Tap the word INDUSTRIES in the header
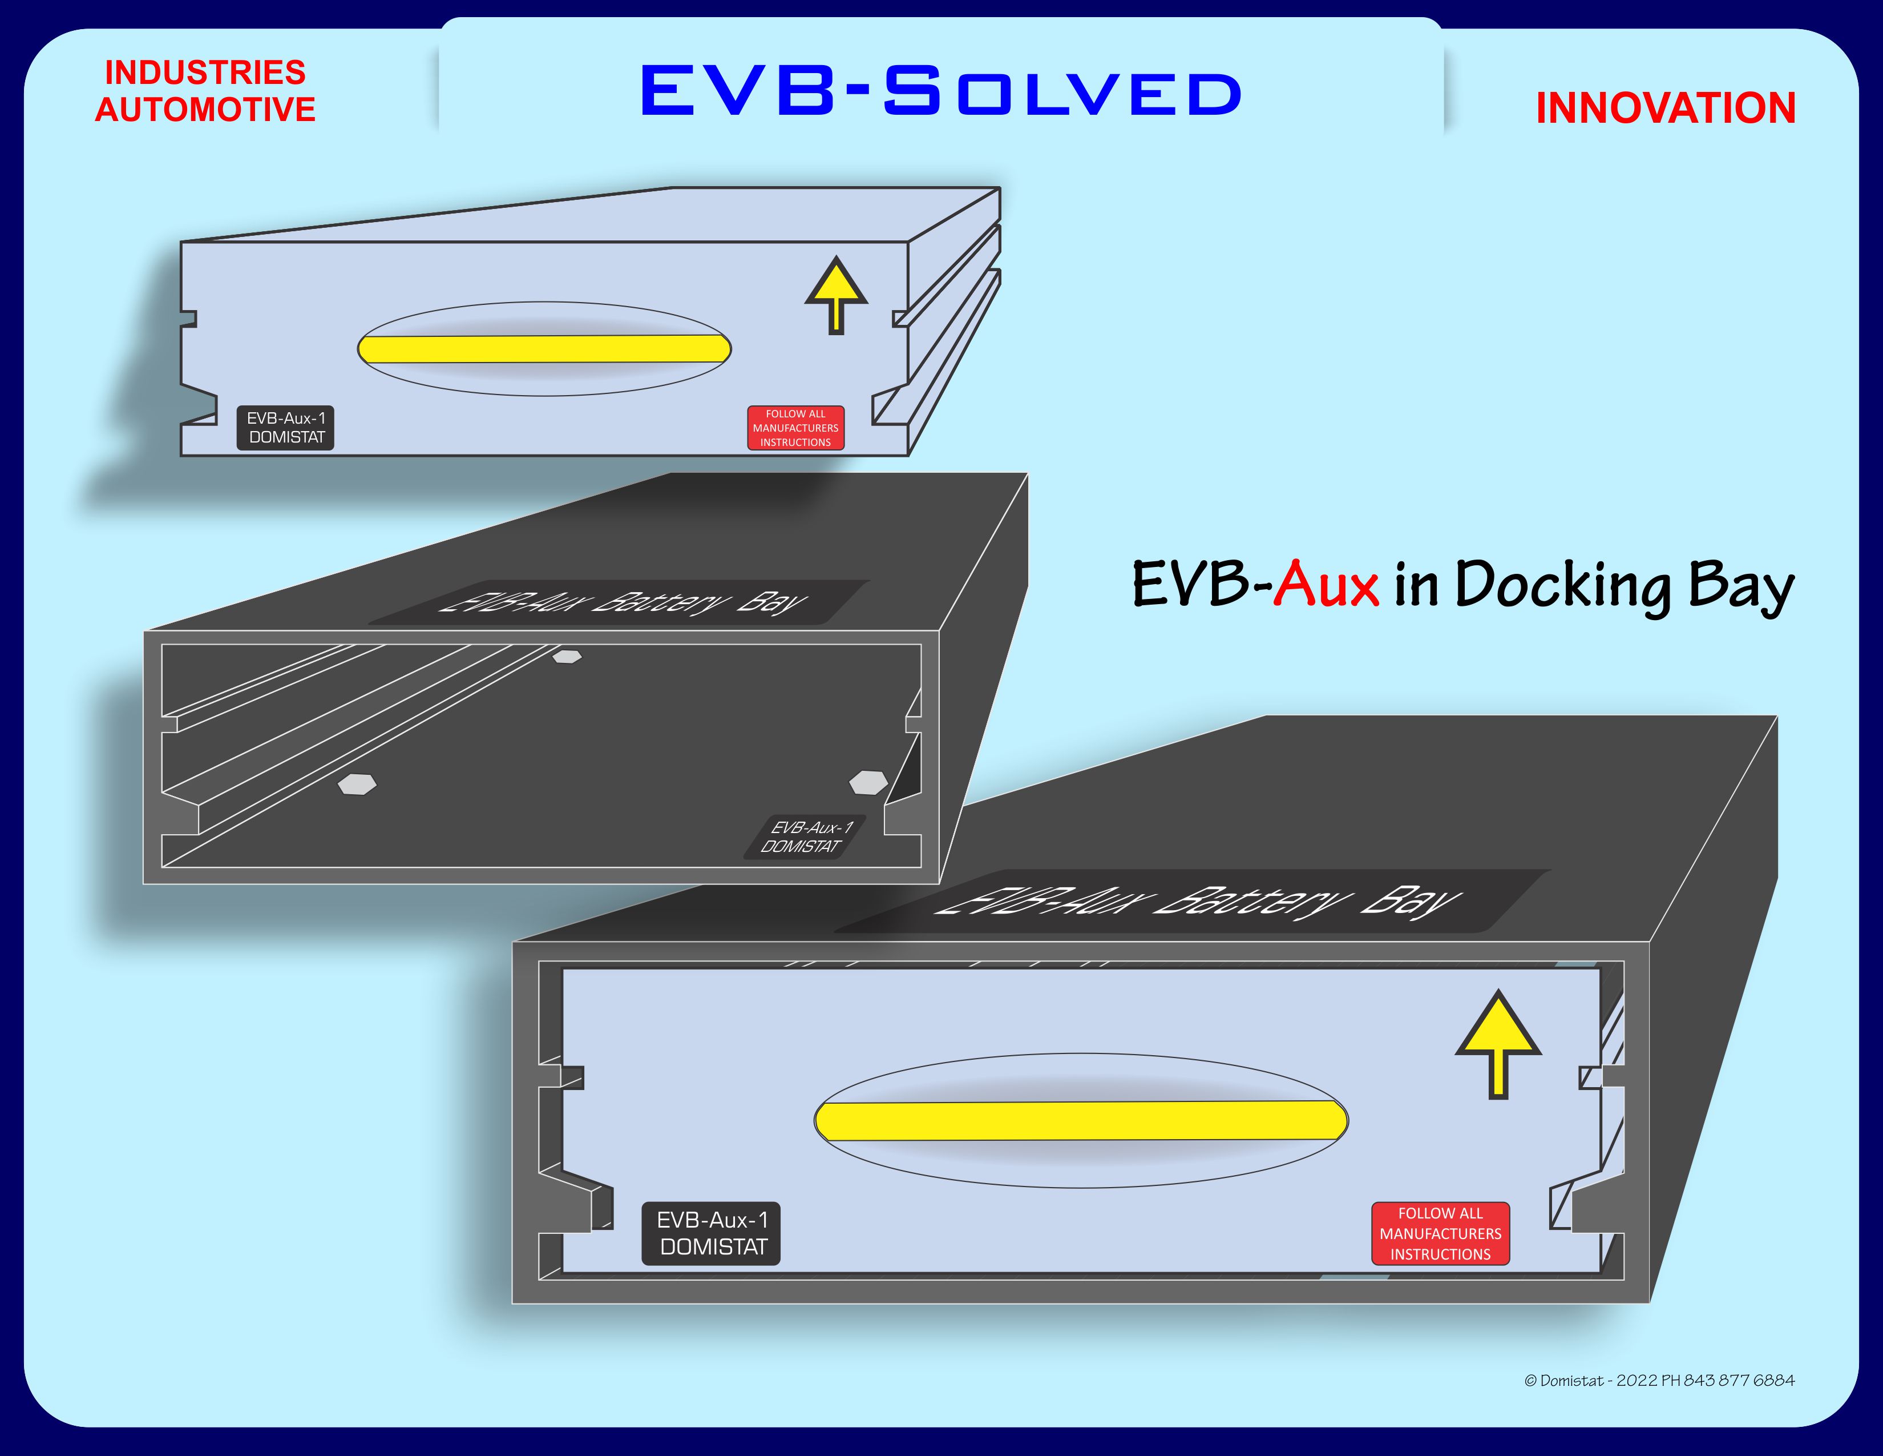(x=205, y=73)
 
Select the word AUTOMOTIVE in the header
(x=205, y=110)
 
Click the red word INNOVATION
(x=1665, y=108)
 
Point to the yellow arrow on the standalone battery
(x=835, y=294)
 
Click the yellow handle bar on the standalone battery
(x=544, y=348)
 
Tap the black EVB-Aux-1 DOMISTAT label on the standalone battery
(x=285, y=428)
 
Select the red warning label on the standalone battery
(x=795, y=428)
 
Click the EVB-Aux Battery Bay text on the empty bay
(x=623, y=601)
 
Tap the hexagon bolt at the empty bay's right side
(x=868, y=782)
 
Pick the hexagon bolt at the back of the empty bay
(x=567, y=657)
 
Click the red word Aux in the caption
(x=1327, y=585)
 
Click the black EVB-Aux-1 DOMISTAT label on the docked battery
(x=712, y=1233)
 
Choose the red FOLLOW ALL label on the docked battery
(x=1440, y=1233)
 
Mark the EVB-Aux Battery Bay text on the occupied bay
(x=1198, y=902)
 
